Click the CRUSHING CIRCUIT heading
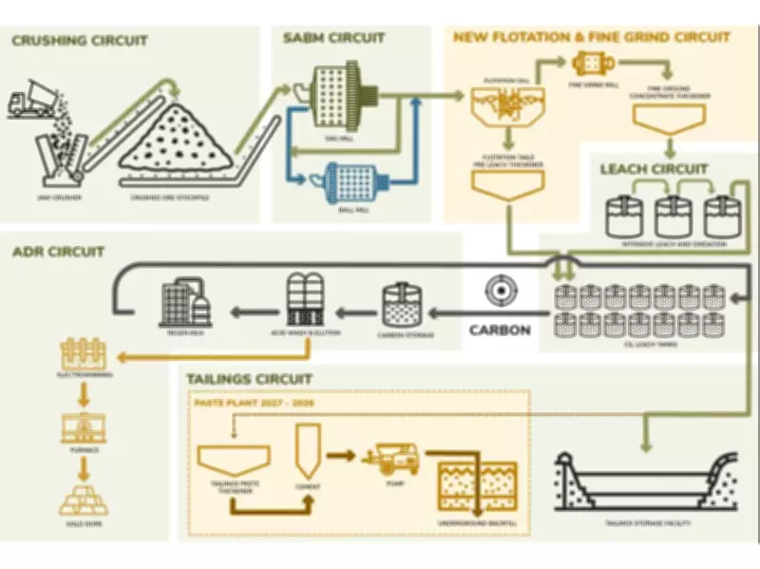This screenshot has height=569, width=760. point(80,40)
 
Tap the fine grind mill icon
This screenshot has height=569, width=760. point(593,64)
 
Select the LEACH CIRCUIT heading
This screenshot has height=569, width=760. point(654,169)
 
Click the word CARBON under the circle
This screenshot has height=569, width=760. point(499,331)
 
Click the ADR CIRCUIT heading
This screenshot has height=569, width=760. point(59,252)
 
